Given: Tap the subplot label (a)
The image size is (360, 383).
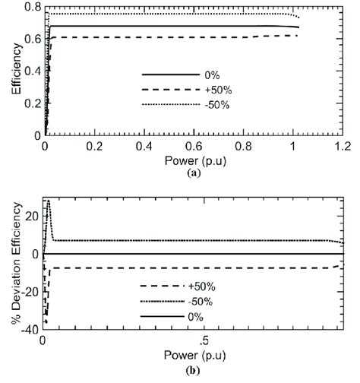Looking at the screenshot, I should [194, 173].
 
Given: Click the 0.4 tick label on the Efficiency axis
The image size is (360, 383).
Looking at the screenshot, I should [33, 71].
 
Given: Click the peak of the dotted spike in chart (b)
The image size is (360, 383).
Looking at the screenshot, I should [49, 201].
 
